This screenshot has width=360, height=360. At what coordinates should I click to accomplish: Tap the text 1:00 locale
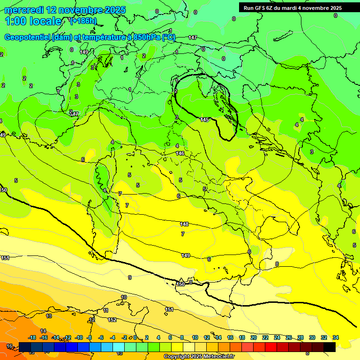pos(33,21)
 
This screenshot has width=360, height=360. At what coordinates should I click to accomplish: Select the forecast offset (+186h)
pos(83,21)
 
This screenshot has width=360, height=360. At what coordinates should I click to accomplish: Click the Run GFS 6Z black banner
pos(292,8)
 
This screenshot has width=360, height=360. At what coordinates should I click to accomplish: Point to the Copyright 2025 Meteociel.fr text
pos(199,356)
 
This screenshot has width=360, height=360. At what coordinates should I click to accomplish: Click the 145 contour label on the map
pos(204,120)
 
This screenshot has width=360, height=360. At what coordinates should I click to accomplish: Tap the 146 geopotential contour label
pos(180,153)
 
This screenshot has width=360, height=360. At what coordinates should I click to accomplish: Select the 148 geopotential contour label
pos(184,224)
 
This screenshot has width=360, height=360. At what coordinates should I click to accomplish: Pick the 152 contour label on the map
pos(112,320)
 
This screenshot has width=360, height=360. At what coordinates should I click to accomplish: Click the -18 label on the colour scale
pos(32,337)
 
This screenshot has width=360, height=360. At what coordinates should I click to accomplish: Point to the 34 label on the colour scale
pos(336,337)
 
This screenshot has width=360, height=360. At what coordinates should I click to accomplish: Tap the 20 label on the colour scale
pos(254,337)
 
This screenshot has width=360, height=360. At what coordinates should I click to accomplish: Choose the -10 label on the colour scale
pos(78,337)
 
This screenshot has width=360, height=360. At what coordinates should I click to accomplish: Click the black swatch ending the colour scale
pos(330,347)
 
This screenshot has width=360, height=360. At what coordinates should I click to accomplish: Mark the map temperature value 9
pos(130,277)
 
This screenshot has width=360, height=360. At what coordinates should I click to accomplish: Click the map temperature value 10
pos(124,297)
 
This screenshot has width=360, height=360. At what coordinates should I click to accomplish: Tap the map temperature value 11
pos(106,310)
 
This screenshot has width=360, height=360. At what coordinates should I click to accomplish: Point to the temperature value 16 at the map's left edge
pos(9,346)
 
